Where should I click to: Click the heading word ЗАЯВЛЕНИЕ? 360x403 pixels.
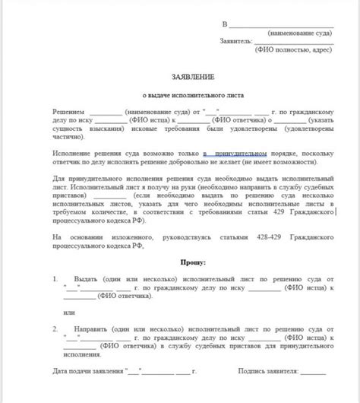[x=194, y=77]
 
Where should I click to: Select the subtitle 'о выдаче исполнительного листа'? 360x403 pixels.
[x=194, y=97]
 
